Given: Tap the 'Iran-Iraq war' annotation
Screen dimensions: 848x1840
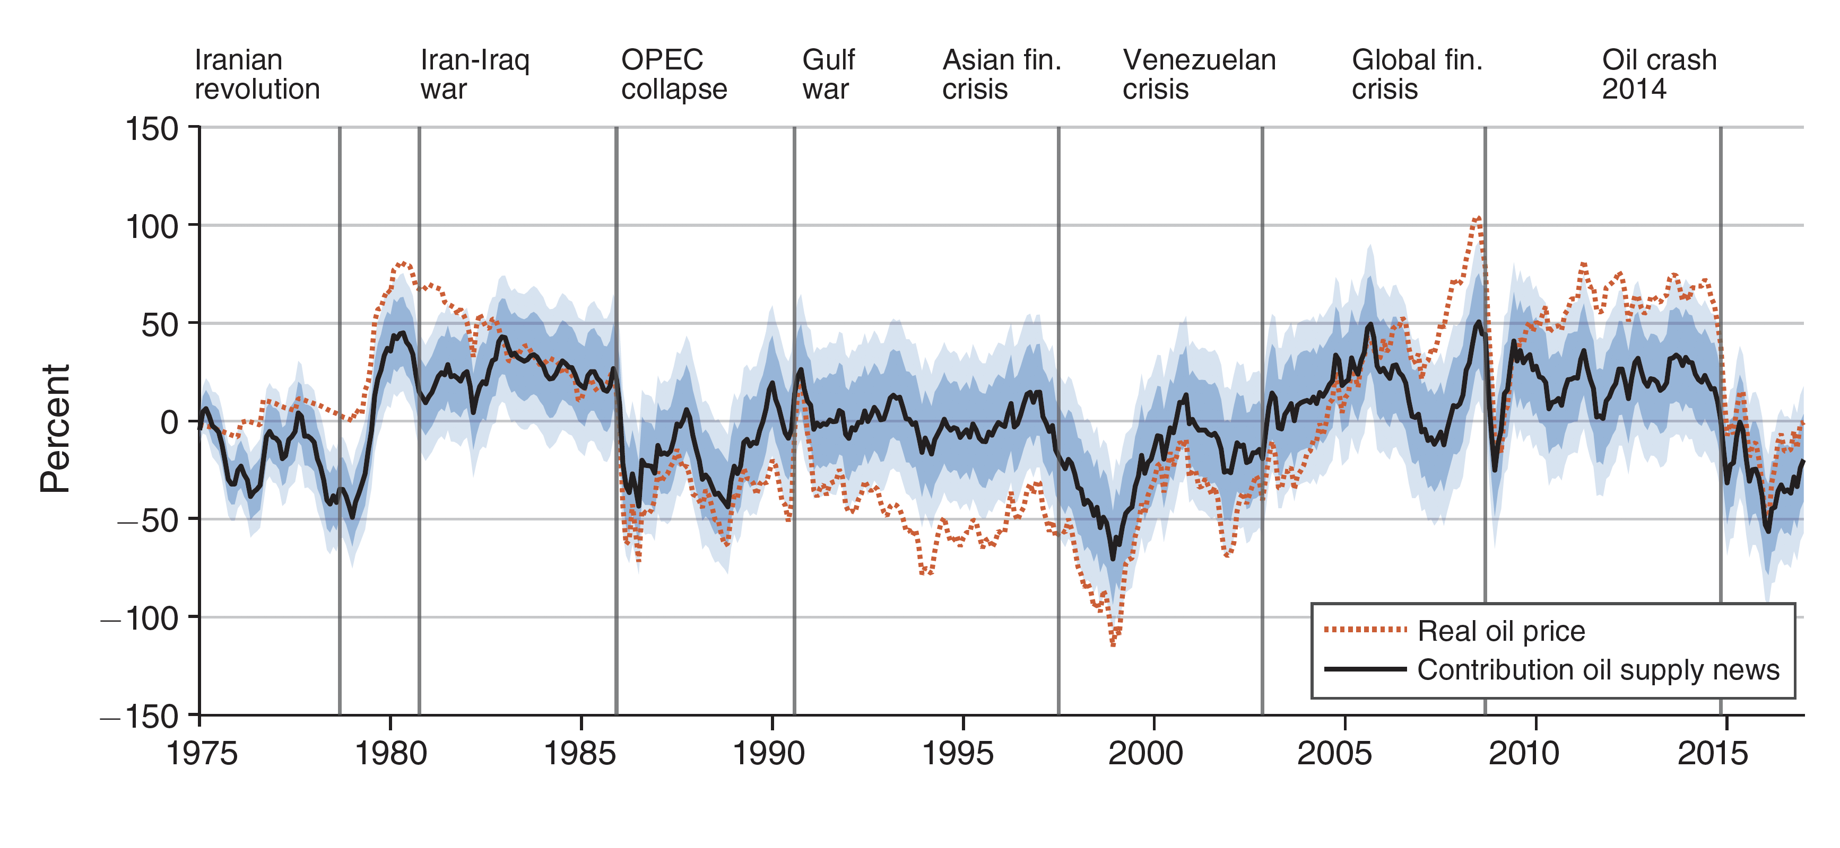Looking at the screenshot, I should (474, 74).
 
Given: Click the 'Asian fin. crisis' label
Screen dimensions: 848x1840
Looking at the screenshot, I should (1001, 74).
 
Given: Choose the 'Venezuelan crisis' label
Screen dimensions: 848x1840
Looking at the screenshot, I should (1199, 74).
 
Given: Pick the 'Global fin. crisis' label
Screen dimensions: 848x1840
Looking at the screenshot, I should (1417, 74).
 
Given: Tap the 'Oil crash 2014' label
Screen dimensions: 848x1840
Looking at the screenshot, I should (1659, 74).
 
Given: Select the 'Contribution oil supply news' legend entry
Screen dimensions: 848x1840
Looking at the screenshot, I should (1598, 669).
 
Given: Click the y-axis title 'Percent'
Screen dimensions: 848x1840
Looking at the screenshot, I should (55, 428).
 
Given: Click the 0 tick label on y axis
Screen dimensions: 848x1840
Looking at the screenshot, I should (169, 422).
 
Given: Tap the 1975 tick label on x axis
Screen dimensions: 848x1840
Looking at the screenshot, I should (202, 753).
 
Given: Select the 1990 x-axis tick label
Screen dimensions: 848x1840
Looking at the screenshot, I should (769, 753).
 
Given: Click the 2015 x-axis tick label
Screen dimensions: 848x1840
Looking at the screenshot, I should (1712, 753).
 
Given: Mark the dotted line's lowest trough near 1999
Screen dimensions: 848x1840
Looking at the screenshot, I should (1113, 644).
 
